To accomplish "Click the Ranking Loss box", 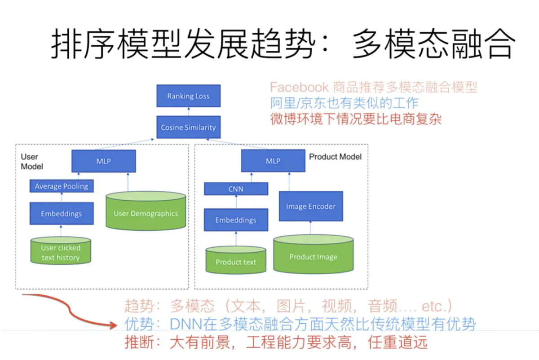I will click(x=188, y=96).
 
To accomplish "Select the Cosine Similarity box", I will click(x=188, y=127).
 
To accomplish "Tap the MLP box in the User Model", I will click(x=103, y=161).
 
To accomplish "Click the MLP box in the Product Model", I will click(x=273, y=161).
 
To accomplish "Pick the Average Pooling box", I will click(x=62, y=186).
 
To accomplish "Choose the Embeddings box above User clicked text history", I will click(x=62, y=213).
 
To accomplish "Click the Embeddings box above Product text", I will click(x=236, y=220).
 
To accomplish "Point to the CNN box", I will click(x=236, y=189).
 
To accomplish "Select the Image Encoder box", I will click(x=311, y=206).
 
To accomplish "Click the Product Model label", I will click(x=335, y=157).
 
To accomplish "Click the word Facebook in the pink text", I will click(x=299, y=87).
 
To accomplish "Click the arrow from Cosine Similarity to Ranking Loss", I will click(x=188, y=111).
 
